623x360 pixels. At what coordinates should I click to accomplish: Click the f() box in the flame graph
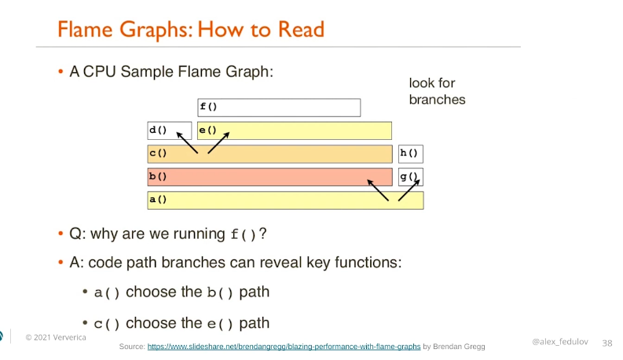point(279,107)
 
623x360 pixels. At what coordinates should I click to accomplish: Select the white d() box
point(169,130)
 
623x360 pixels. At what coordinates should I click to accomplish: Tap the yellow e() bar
point(295,130)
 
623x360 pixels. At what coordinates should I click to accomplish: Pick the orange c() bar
point(269,154)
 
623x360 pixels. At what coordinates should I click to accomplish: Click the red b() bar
point(269,177)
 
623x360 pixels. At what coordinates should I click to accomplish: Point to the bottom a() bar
point(285,200)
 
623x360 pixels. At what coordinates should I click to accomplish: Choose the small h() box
point(410,154)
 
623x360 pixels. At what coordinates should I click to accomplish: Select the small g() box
point(410,177)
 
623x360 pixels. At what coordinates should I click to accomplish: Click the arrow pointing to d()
point(187,142)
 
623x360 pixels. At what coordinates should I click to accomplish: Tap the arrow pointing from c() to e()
point(218,142)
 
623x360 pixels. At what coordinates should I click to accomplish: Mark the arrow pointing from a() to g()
point(409,190)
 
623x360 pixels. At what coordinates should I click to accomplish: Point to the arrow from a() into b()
point(378,190)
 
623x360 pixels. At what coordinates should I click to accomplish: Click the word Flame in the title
point(85,29)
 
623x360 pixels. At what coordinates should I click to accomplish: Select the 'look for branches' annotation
point(437,91)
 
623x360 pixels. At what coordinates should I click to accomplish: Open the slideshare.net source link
point(284,347)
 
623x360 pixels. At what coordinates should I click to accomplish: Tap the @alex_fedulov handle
point(560,342)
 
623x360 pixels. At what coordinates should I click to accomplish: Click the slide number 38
point(607,343)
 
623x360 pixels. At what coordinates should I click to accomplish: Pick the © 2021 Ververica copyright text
point(56,337)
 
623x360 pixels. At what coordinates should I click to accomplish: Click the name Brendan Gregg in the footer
point(459,347)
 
